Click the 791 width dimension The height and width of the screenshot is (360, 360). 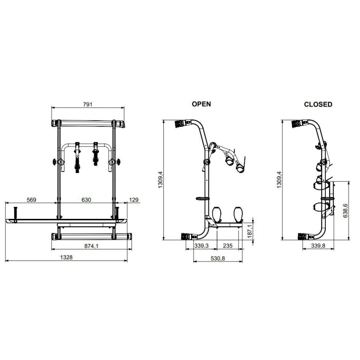[87, 104]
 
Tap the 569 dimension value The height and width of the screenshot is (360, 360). [31, 200]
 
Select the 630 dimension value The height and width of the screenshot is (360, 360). [86, 200]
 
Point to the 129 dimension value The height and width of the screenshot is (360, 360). [134, 200]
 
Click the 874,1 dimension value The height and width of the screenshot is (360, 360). [91, 246]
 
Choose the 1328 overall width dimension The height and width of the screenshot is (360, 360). [66, 257]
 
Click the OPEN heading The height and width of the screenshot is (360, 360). [201, 104]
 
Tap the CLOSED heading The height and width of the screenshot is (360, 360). [318, 104]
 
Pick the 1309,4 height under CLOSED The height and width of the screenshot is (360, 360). [279, 180]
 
